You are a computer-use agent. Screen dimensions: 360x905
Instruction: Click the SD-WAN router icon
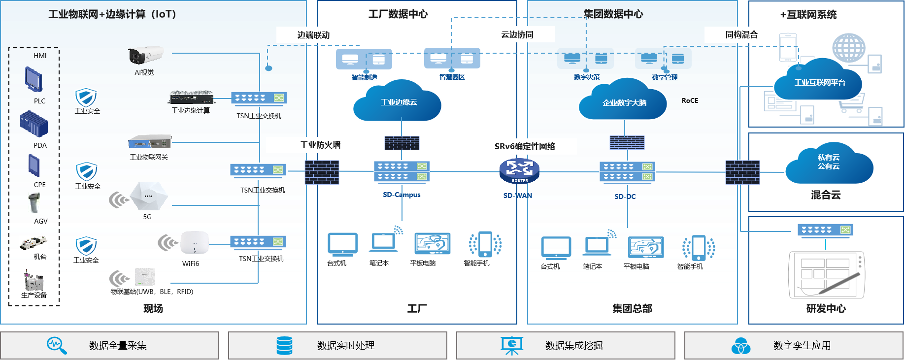click(x=519, y=170)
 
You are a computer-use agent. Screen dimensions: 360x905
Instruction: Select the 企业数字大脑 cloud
click(x=623, y=102)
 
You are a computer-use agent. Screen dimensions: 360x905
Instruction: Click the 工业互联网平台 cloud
click(x=819, y=81)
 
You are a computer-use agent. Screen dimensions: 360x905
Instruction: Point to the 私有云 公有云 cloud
click(x=829, y=164)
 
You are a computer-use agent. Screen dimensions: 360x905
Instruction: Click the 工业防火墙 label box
click(x=320, y=145)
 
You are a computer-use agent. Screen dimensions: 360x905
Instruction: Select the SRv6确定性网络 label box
click(x=525, y=146)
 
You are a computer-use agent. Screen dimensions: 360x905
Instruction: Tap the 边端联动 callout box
click(x=313, y=35)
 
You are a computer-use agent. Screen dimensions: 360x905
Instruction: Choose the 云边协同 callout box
click(x=517, y=34)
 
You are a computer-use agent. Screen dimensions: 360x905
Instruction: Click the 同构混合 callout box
click(x=741, y=34)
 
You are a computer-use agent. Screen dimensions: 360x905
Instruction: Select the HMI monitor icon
click(x=34, y=79)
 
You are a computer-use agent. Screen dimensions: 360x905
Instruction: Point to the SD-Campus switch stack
click(x=402, y=171)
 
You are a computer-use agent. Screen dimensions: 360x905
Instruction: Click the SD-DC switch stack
click(x=627, y=172)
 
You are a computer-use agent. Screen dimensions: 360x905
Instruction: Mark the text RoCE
click(x=690, y=100)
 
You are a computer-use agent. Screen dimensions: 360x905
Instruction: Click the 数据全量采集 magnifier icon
click(x=56, y=345)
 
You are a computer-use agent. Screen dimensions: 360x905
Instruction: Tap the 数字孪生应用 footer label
click(x=802, y=345)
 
